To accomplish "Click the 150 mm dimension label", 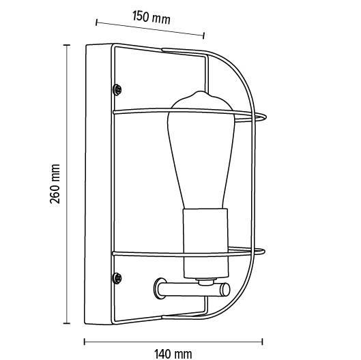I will pyautogui.click(x=151, y=17).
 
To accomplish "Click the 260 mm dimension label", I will pyautogui.click(x=55, y=183).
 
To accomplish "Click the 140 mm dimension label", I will pyautogui.click(x=173, y=352).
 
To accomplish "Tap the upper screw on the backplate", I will pyautogui.click(x=117, y=89).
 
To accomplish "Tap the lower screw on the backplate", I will pyautogui.click(x=117, y=277).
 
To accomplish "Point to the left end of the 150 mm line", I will pyautogui.click(x=97, y=23).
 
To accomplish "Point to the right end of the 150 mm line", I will pyautogui.click(x=203, y=34).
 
